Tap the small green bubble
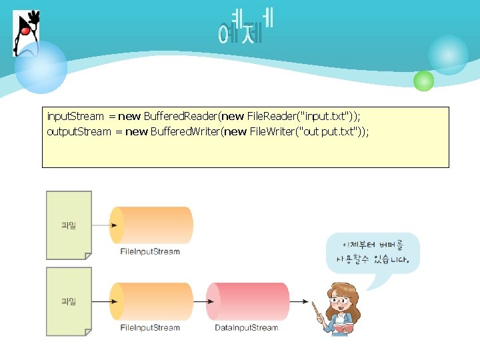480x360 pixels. coord(423,81)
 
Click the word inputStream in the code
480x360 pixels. coord(75,117)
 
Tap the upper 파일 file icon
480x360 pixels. coord(69,225)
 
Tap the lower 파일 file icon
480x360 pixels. coord(69,301)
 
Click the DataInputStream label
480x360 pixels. coord(246,328)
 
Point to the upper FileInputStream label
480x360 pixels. coord(150,252)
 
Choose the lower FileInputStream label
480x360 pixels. coord(150,328)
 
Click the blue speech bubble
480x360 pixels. coord(373,252)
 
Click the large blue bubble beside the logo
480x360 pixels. coord(41,67)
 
